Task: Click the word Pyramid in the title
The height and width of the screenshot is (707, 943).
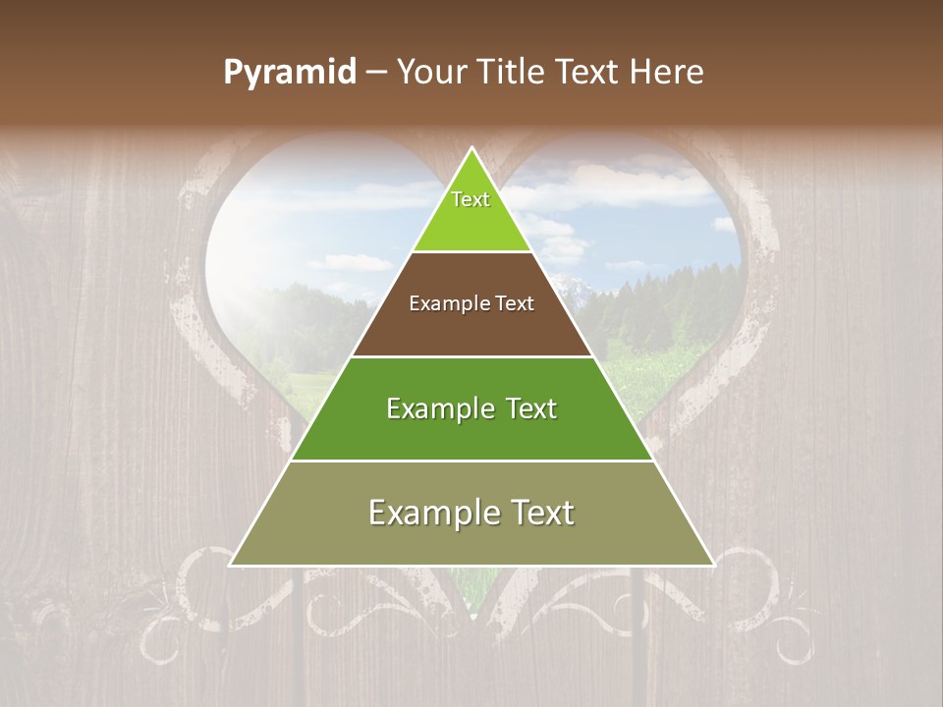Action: pos(290,72)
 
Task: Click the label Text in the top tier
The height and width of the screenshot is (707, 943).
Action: pos(471,199)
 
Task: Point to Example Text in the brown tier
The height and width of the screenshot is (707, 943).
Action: pos(471,303)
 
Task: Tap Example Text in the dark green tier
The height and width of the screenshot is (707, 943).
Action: pos(471,408)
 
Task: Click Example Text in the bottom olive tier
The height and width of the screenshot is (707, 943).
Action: pos(471,513)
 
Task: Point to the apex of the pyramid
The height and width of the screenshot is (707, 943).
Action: pos(471,149)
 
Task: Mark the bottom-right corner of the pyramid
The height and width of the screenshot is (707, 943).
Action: pos(712,565)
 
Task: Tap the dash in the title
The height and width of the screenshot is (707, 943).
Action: pos(376,72)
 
